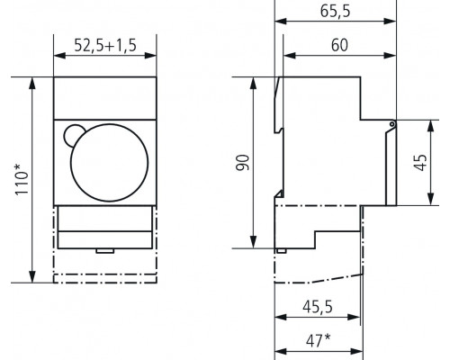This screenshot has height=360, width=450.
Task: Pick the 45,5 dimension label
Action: pos(317,307)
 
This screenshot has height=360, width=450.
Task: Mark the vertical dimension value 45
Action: pos(426,163)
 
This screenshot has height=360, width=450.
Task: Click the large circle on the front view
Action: pos(108,161)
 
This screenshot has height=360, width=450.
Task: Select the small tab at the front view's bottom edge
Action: pos(104,251)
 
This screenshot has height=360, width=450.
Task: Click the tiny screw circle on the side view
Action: pos(392,124)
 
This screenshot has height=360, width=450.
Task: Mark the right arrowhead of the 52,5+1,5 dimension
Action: pos(155,56)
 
